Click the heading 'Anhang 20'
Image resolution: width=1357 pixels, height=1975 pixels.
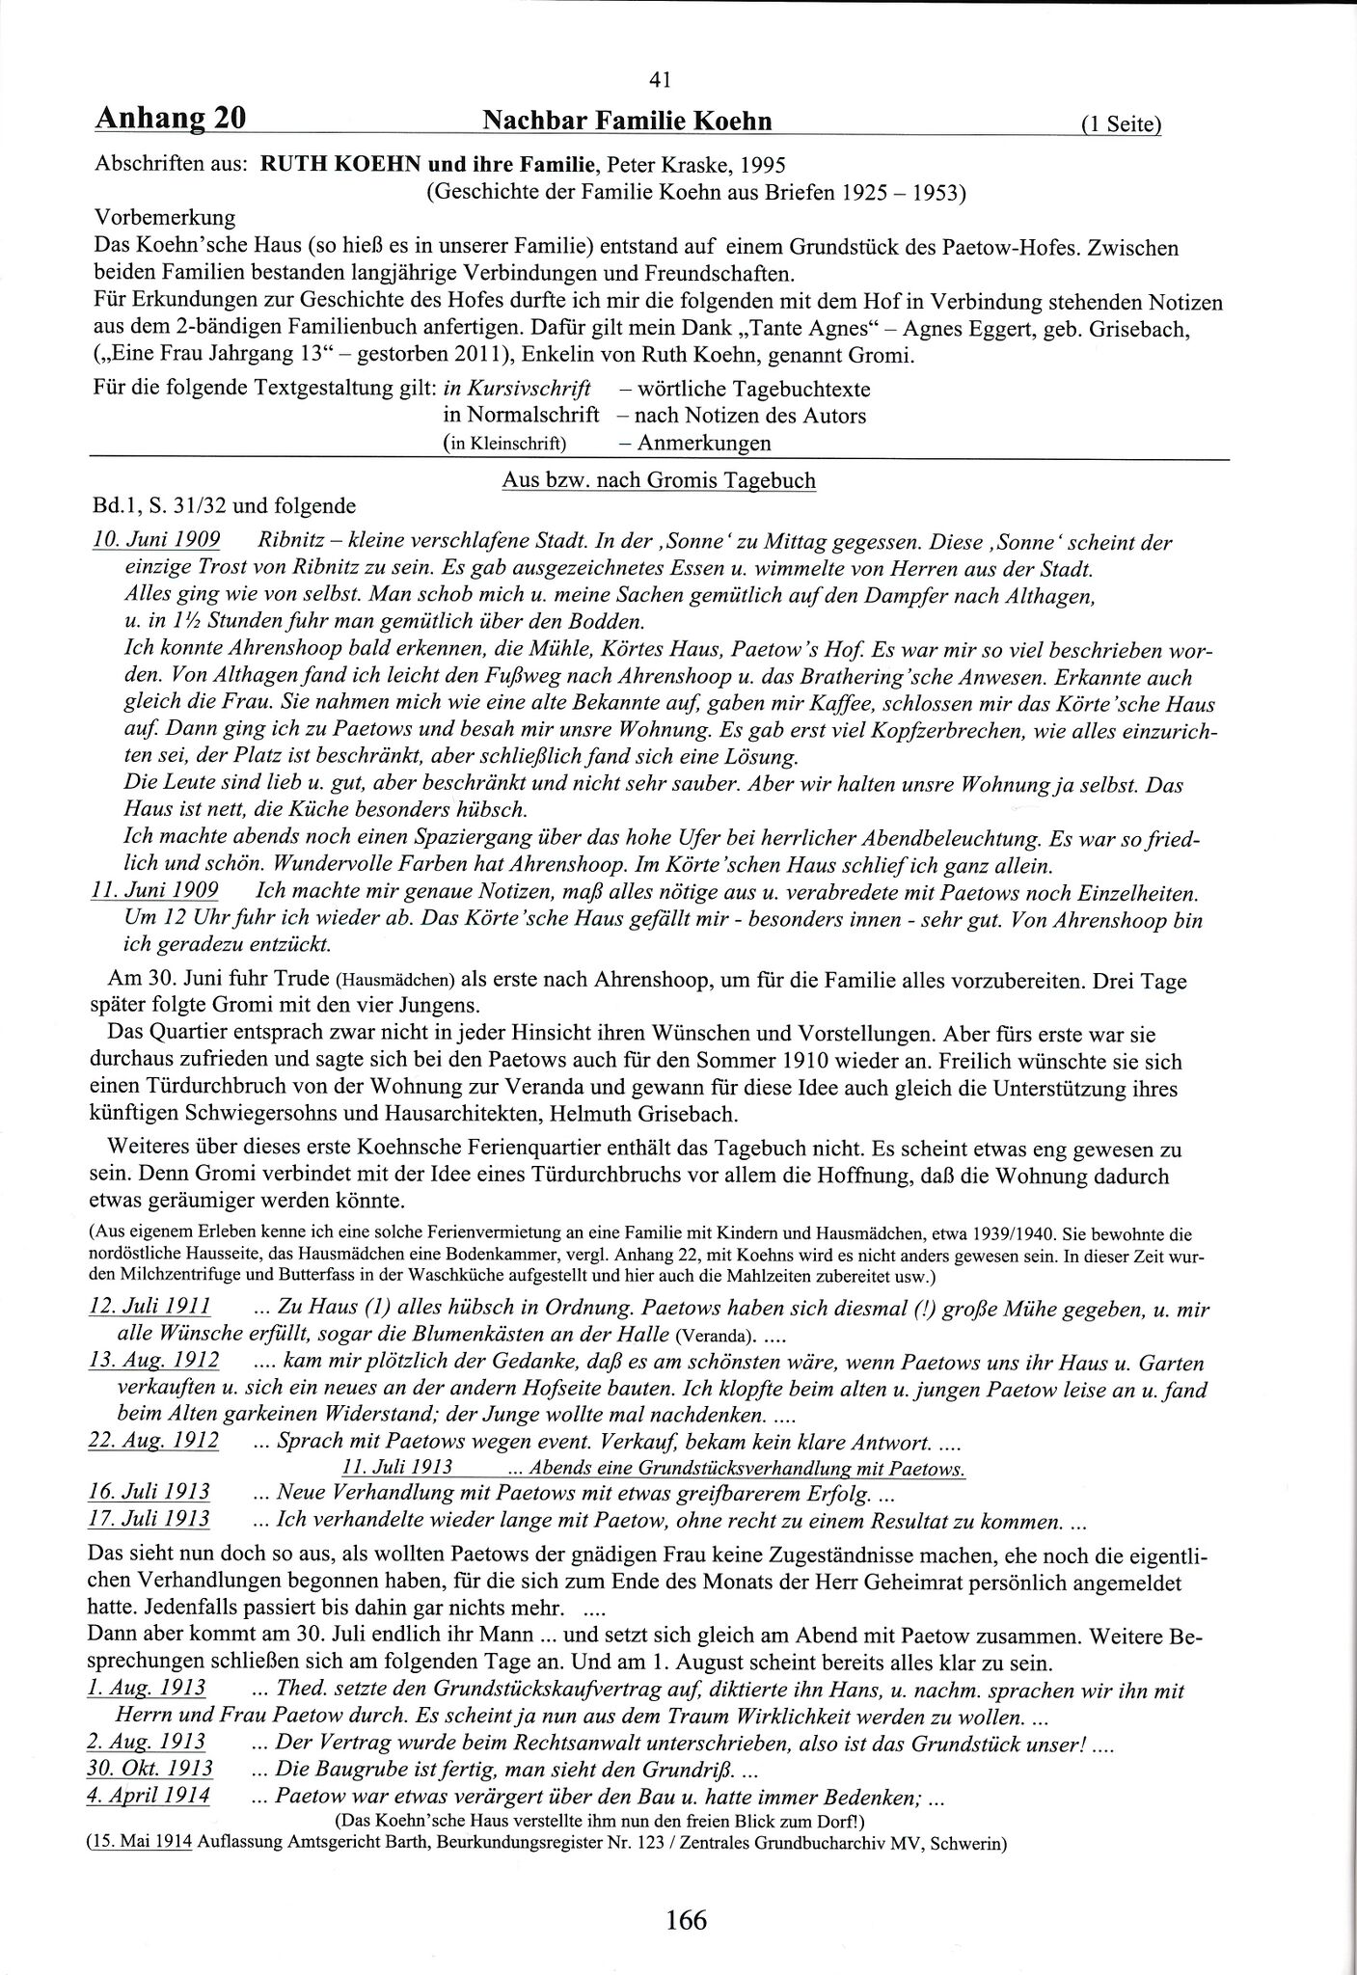click(x=171, y=119)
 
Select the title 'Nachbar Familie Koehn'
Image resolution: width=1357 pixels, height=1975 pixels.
click(x=627, y=121)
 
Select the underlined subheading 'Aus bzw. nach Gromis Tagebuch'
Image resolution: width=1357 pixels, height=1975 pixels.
click(x=659, y=479)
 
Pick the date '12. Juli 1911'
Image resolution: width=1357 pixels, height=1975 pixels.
click(x=149, y=1309)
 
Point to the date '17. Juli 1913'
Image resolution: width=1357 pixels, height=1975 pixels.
click(x=149, y=1519)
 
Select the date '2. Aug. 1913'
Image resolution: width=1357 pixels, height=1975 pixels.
click(x=147, y=1742)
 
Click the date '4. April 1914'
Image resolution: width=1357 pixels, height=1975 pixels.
click(x=149, y=1795)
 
